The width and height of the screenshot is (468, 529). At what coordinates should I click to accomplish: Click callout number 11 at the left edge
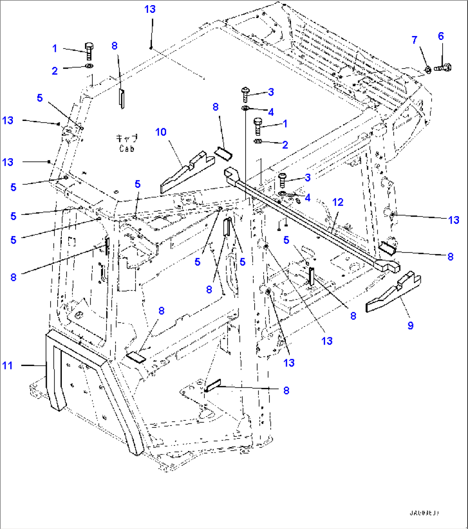(x=8, y=366)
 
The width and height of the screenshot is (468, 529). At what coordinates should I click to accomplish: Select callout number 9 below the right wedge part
(x=410, y=326)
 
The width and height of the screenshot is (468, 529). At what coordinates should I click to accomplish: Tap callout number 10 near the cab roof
(x=161, y=132)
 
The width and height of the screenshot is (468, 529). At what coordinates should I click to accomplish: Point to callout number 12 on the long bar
(x=338, y=202)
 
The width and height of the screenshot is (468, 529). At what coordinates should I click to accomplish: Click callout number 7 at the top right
(x=414, y=40)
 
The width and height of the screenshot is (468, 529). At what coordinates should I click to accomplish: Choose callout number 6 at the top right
(x=441, y=36)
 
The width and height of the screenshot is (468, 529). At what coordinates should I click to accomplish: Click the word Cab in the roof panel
(x=127, y=148)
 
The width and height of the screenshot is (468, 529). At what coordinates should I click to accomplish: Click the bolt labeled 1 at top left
(x=89, y=51)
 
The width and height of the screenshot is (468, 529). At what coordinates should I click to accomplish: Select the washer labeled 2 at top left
(x=89, y=66)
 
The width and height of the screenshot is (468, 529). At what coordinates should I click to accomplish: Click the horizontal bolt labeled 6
(x=442, y=67)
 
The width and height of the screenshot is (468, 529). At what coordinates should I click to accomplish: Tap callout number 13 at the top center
(x=150, y=9)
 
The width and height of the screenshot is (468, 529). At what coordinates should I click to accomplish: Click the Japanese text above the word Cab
(x=127, y=138)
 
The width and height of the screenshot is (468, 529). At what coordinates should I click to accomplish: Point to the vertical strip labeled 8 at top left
(x=122, y=99)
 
